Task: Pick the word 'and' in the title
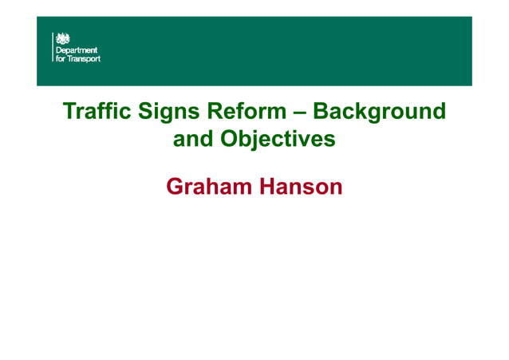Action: coord(193,139)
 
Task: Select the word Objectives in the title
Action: coord(277,139)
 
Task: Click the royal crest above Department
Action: coord(61,38)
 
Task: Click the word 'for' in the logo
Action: coord(61,58)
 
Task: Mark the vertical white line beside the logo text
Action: coord(53,47)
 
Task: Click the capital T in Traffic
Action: coord(69,111)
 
